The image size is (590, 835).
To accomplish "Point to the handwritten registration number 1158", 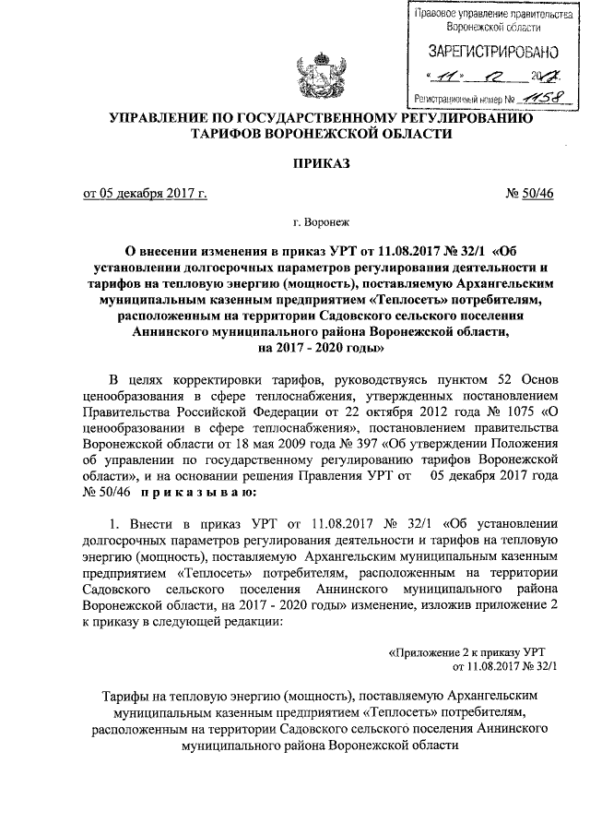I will coord(536,95).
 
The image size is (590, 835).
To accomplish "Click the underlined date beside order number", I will coord(145,193).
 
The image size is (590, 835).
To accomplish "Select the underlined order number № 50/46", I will coord(531,193).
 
